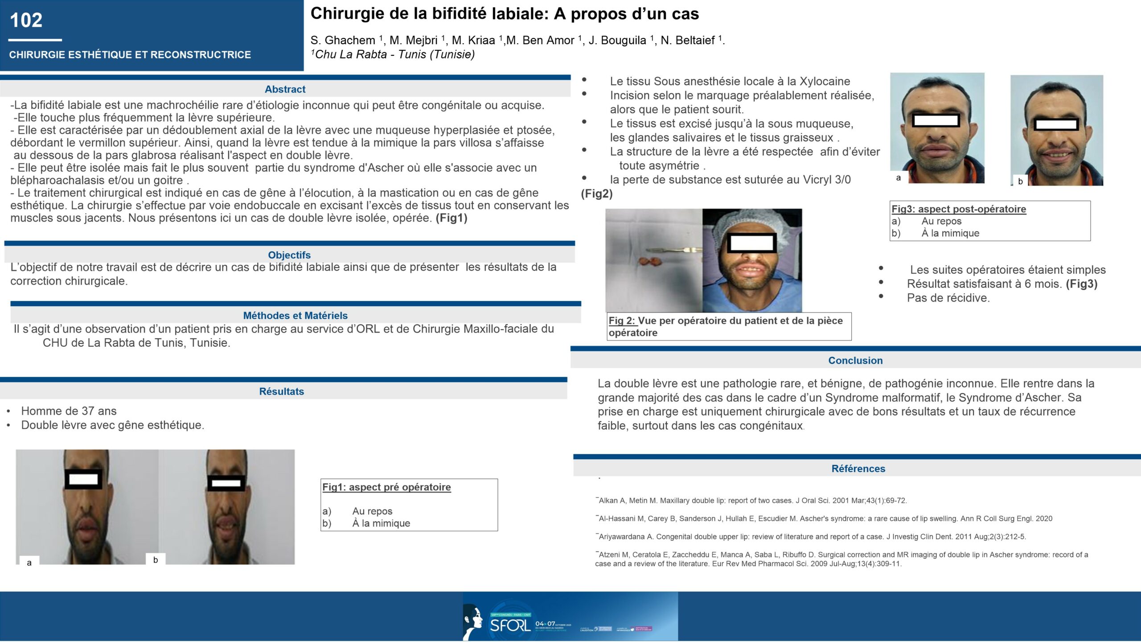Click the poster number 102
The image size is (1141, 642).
(x=26, y=21)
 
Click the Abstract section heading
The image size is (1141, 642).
(x=285, y=89)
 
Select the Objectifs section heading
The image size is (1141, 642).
(x=289, y=255)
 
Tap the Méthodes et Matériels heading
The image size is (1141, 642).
(x=295, y=316)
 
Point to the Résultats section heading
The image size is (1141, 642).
(x=281, y=391)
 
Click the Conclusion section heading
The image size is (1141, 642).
(x=855, y=361)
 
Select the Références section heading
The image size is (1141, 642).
(x=858, y=469)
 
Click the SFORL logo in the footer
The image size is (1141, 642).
(x=510, y=625)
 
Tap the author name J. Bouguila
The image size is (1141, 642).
(x=617, y=41)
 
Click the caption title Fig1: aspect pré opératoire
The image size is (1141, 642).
(x=386, y=487)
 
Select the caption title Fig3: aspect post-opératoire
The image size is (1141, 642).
(x=958, y=209)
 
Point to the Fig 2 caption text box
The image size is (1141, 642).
(x=728, y=326)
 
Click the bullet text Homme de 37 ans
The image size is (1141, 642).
(x=69, y=411)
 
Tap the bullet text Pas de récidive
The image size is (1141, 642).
(x=948, y=298)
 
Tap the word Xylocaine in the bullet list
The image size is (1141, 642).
(x=825, y=82)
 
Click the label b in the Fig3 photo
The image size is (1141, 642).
(x=1020, y=181)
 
